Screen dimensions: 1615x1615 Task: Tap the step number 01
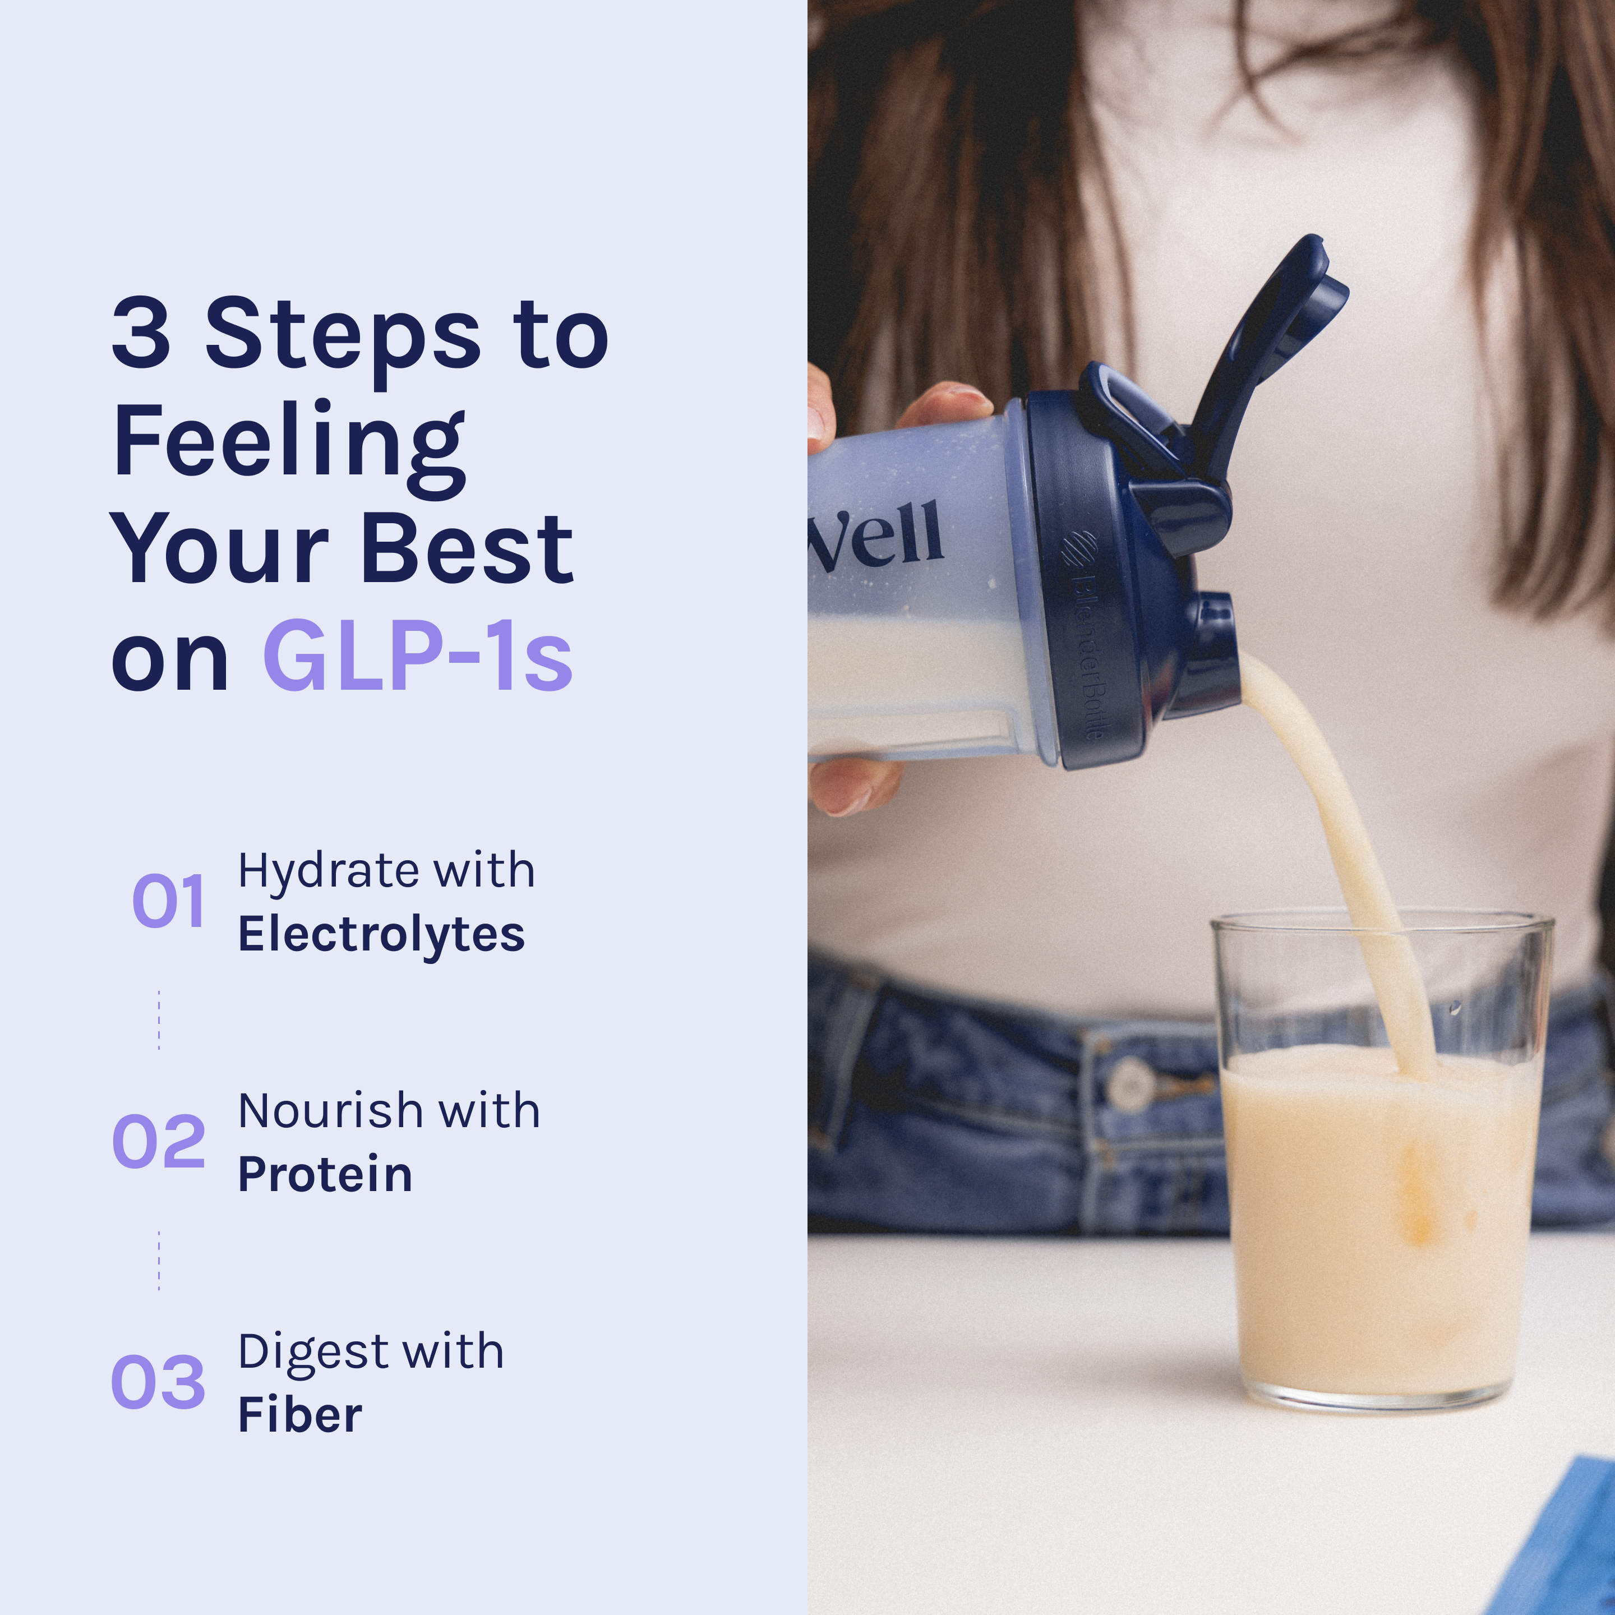169,901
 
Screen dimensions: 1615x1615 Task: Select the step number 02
159,1141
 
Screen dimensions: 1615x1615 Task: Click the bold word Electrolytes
381,935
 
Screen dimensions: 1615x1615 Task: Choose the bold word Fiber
300,1415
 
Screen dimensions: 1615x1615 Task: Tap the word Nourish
331,1112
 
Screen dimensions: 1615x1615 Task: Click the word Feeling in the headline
289,447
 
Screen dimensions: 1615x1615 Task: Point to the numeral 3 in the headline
142,333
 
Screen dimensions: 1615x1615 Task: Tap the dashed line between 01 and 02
159,1020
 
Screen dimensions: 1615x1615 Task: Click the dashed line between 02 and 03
159,1261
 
